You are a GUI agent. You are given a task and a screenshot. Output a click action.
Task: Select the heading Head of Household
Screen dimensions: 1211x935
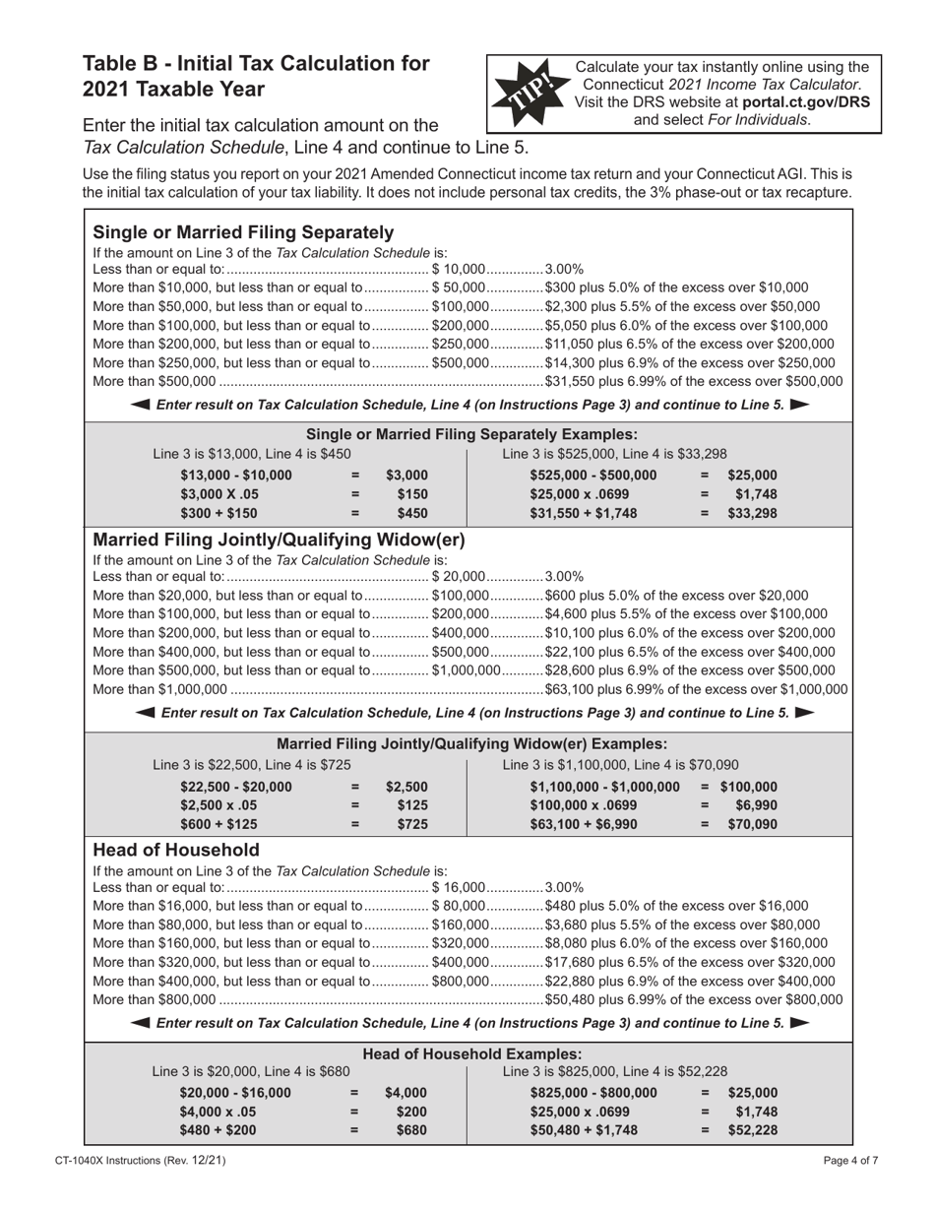point(176,850)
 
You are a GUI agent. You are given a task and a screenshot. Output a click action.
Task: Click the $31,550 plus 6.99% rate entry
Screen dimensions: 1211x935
point(693,382)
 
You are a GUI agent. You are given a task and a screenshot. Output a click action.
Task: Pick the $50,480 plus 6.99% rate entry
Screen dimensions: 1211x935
point(693,999)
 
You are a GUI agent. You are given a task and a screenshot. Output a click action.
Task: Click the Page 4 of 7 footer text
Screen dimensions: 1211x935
point(850,1162)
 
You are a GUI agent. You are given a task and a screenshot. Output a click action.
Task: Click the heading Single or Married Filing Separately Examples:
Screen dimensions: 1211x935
point(472,434)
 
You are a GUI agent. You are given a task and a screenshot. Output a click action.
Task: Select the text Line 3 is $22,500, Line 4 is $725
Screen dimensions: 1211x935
point(252,765)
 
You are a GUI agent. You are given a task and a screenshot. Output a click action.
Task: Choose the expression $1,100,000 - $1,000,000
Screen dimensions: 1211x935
point(604,787)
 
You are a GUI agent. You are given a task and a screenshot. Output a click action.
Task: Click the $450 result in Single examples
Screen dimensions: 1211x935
point(412,513)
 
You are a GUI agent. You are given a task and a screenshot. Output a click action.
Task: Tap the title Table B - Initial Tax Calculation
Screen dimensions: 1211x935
point(256,63)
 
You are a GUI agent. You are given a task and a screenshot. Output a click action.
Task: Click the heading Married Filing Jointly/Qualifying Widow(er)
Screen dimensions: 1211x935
point(279,540)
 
